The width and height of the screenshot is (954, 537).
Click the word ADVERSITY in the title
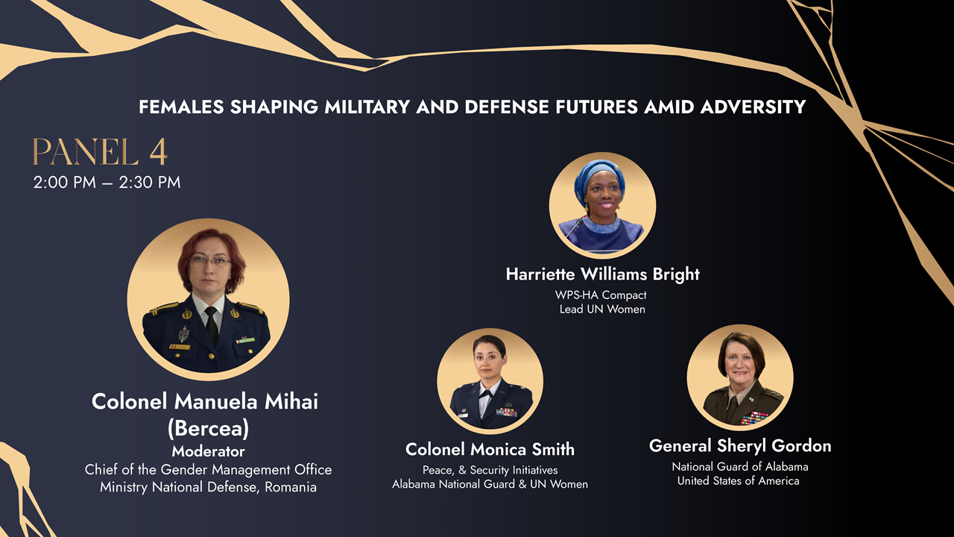click(753, 107)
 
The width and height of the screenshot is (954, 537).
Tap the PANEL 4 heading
click(100, 151)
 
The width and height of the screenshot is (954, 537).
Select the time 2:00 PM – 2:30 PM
click(107, 183)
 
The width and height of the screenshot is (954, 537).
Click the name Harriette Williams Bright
click(603, 274)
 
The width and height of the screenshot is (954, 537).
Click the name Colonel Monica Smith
click(490, 449)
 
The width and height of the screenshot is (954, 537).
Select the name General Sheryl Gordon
click(740, 446)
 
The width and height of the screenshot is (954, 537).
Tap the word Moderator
click(208, 451)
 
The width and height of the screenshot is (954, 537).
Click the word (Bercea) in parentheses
click(208, 428)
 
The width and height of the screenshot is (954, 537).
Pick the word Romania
click(291, 487)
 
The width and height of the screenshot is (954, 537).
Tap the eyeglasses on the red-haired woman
click(209, 261)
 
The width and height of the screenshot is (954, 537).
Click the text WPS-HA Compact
click(601, 295)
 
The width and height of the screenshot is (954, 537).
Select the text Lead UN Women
click(602, 309)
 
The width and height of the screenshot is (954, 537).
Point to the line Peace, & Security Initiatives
click(490, 470)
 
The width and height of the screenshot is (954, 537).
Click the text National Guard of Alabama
click(740, 467)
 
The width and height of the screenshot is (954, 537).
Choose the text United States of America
click(739, 481)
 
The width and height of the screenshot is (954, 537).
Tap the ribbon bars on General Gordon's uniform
click(754, 418)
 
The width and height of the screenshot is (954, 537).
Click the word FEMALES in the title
click(181, 107)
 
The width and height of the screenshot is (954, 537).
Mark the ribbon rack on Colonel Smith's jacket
click(507, 412)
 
